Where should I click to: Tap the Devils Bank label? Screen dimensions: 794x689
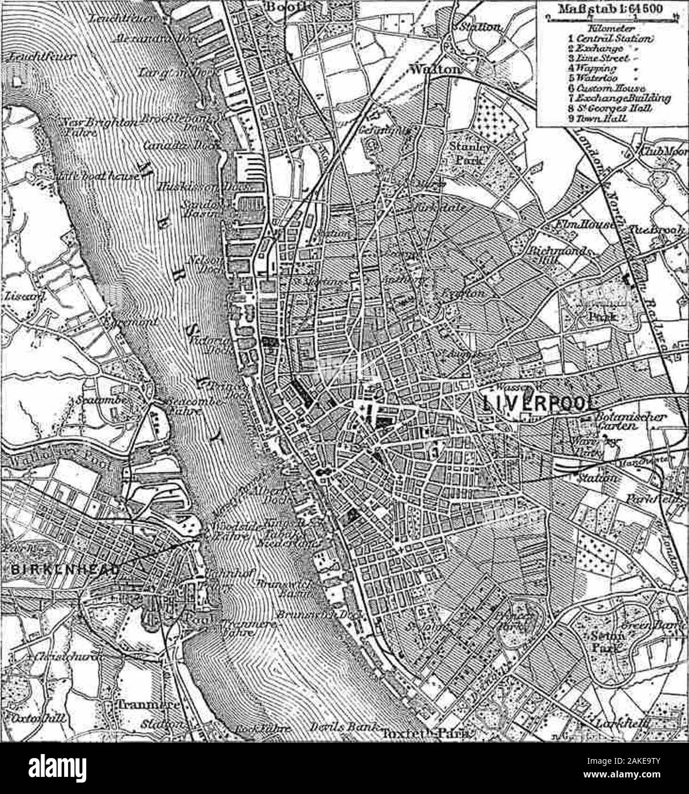point(343,728)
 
